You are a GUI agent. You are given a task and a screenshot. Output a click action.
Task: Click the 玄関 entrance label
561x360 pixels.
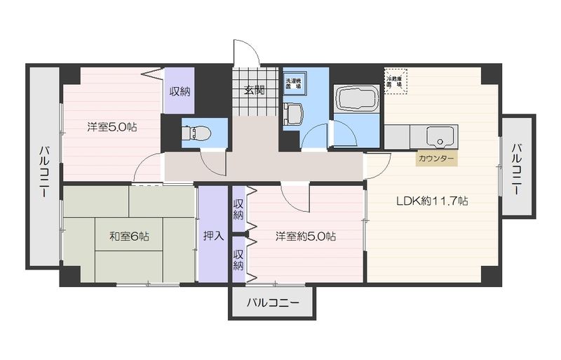(255, 90)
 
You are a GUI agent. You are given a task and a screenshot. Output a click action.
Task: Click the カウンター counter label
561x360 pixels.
(435, 159)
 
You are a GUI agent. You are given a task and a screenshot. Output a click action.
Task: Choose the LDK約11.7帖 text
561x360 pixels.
(432, 201)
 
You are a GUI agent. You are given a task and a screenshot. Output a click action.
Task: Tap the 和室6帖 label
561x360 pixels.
(128, 236)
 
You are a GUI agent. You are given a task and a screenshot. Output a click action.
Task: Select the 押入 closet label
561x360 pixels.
(213, 236)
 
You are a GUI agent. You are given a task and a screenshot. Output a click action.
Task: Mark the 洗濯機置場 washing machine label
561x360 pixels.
(294, 83)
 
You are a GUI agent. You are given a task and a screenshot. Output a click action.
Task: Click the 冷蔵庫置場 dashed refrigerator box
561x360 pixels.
(396, 81)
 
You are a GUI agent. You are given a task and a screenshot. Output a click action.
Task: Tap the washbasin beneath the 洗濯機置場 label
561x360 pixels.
(293, 112)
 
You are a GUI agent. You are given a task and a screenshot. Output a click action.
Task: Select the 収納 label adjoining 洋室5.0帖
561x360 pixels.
(179, 91)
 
